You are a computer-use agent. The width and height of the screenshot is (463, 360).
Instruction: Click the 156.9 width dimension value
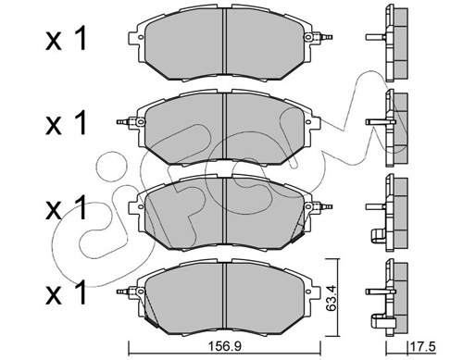click(x=224, y=346)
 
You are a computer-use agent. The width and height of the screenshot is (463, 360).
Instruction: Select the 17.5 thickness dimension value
click(x=422, y=346)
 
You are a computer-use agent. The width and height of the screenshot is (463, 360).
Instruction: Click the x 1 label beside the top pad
click(x=66, y=38)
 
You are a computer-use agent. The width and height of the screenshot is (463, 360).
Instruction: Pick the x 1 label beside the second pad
click(x=66, y=123)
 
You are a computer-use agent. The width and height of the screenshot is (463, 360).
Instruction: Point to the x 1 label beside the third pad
click(x=66, y=208)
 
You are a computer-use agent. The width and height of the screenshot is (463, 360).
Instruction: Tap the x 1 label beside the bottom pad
click(x=66, y=292)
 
